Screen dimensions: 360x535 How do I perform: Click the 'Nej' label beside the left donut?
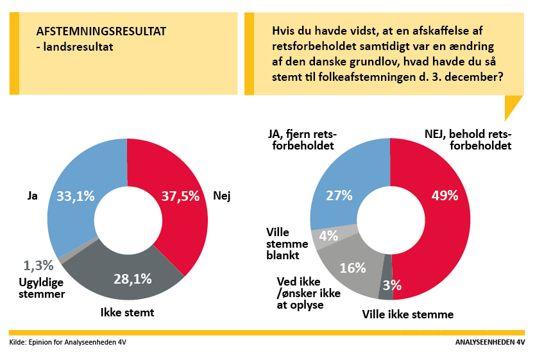[x=221, y=196]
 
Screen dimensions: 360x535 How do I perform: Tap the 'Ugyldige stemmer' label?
[x=42, y=289]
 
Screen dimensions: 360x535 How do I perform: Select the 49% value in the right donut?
[x=445, y=196]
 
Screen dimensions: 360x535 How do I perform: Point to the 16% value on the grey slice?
[x=353, y=268]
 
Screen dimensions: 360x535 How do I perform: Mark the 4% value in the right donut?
[x=328, y=236]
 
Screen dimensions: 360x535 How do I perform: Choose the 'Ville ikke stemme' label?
[x=408, y=314]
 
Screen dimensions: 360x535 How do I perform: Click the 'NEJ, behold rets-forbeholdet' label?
[x=468, y=139]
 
